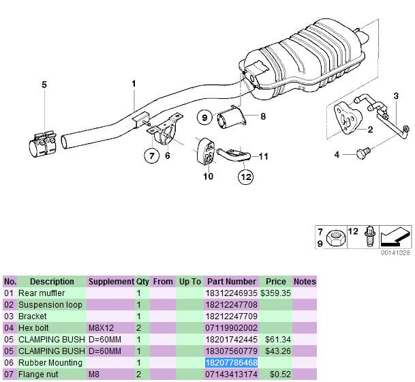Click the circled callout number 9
point(204,117)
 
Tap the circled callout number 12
point(245,177)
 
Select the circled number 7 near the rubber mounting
point(152,156)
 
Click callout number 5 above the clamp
point(44,85)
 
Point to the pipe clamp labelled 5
point(43,145)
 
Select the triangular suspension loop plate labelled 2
point(348,119)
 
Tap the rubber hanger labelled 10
point(206,151)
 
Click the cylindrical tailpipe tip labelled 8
point(232,117)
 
